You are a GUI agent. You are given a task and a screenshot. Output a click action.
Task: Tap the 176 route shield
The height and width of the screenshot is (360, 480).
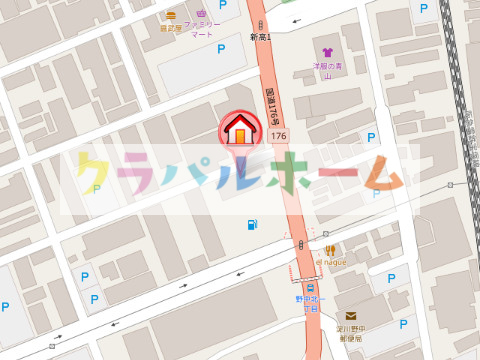pyautogui.click(x=278, y=135)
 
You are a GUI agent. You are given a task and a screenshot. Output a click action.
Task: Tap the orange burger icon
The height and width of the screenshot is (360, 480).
pyautogui.click(x=171, y=15)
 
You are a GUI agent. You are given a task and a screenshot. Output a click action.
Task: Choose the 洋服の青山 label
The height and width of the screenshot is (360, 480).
pyautogui.click(x=327, y=71)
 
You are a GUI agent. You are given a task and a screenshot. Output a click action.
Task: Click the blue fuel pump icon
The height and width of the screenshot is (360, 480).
pyautogui.click(x=249, y=224)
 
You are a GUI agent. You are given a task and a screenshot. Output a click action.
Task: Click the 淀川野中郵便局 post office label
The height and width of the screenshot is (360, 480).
pyautogui.click(x=351, y=334)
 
